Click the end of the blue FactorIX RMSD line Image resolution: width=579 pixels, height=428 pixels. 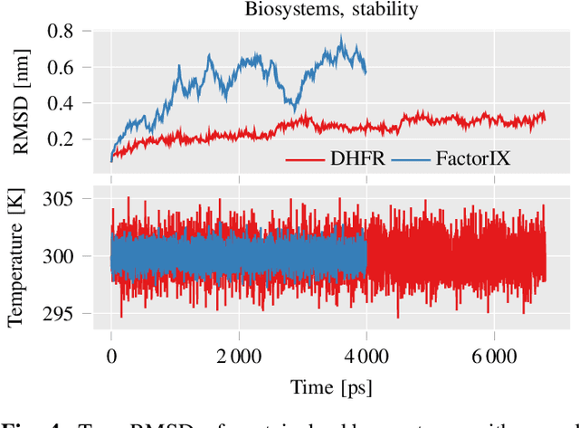tap(365, 73)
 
